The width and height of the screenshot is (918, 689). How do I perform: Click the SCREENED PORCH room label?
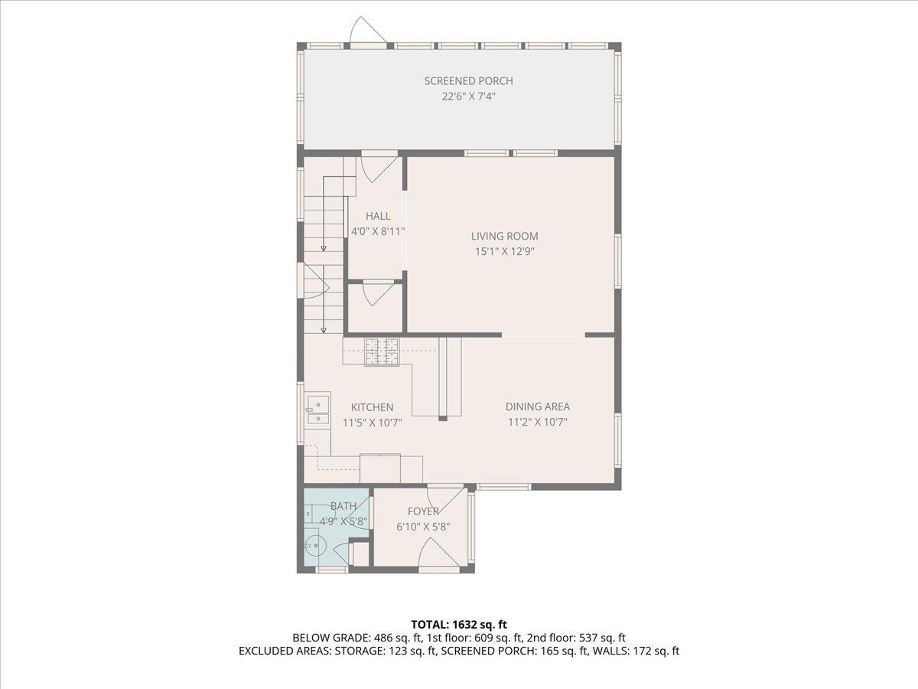468,81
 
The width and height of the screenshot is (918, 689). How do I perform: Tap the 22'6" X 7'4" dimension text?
468,96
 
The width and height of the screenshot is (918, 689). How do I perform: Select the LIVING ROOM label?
504,236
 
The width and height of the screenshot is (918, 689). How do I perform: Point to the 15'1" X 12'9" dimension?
505,251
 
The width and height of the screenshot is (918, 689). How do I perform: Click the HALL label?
378,216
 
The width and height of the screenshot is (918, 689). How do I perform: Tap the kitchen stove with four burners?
382,352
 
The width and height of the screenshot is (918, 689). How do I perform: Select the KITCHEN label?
373,407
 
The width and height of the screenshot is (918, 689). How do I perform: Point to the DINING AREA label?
538,407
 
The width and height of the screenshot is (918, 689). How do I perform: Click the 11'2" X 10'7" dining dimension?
538,422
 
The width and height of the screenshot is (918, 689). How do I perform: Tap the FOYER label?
423,511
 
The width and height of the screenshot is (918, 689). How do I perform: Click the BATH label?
343,506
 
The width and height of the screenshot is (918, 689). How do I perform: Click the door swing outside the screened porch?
368,30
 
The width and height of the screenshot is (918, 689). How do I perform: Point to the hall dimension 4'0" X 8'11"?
378,231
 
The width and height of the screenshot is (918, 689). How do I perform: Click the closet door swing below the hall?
379,295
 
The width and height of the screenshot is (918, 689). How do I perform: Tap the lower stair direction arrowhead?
324,331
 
